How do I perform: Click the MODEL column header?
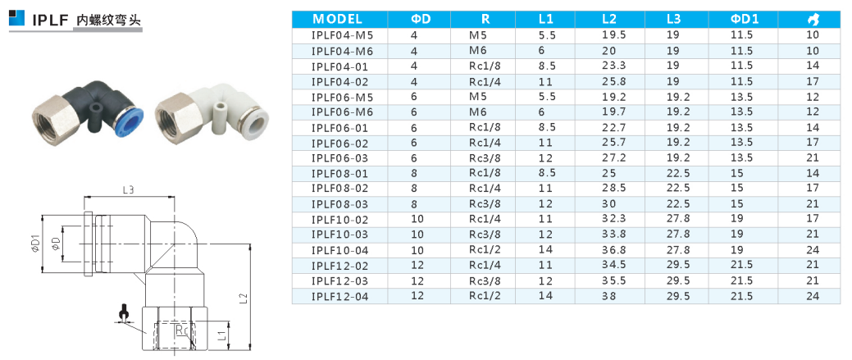(337, 20)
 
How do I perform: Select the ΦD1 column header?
(744, 20)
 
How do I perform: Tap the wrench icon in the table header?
(813, 20)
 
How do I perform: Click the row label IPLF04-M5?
(342, 36)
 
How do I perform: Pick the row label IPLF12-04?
(340, 297)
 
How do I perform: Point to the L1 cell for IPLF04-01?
(546, 66)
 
